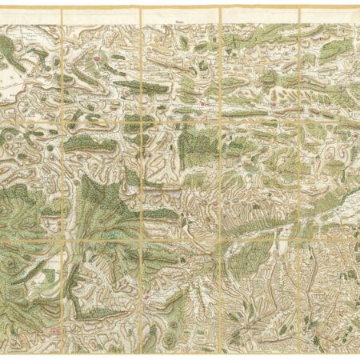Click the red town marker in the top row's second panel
[x=98, y=58]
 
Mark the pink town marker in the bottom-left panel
[x=55, y=329]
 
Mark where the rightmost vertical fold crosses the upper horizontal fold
[x=299, y=120]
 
